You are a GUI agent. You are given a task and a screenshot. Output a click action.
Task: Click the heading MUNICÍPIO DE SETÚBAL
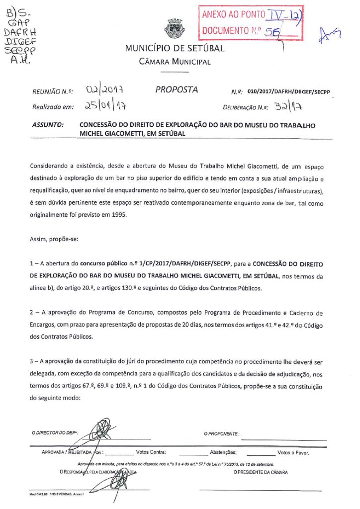(175, 49)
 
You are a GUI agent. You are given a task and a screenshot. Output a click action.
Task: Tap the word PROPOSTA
(177, 90)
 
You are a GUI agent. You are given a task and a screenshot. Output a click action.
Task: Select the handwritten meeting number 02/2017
(105, 91)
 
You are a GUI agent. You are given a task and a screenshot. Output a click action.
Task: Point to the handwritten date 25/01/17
(105, 106)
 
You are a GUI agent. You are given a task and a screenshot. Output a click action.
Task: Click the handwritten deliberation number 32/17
(289, 106)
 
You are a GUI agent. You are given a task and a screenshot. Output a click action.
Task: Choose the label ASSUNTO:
(48, 126)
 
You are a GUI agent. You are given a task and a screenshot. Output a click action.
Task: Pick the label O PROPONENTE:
(222, 433)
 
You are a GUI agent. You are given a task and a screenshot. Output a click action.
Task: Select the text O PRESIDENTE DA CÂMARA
(261, 472)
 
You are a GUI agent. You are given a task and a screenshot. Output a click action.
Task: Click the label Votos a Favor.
(293, 453)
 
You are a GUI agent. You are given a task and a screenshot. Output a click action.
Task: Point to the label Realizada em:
(53, 107)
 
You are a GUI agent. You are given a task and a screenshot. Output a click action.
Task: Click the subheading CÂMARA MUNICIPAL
(175, 62)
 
